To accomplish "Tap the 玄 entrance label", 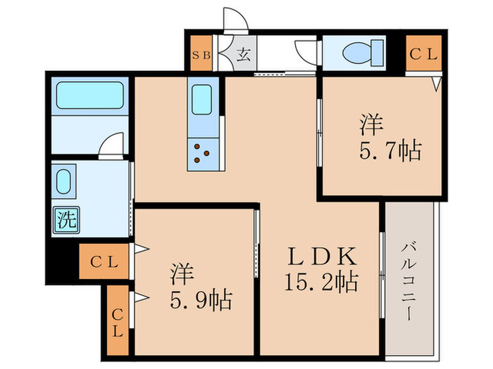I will point(242,54).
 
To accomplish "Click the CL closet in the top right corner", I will point(424,53).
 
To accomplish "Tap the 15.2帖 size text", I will point(320,282).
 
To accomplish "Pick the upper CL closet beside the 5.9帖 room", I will point(104,261).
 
